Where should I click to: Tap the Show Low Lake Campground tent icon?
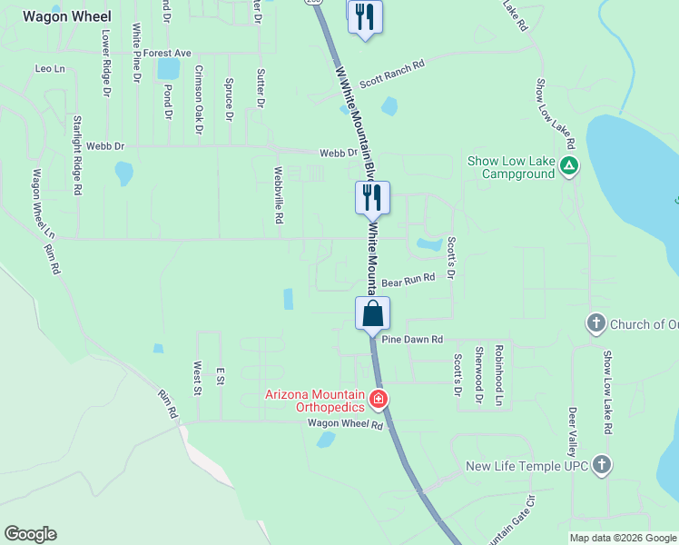pos(569,165)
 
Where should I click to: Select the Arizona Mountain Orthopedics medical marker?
pos(379,399)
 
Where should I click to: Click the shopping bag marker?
pos(372,315)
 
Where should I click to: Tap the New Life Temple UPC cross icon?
pos(601,466)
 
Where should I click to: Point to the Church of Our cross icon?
pos(595,323)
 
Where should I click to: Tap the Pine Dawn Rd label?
pos(412,339)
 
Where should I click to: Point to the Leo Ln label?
pos(50,69)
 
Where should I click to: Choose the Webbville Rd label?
pos(280,194)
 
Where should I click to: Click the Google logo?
pos(30,534)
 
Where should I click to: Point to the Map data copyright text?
pos(623,538)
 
